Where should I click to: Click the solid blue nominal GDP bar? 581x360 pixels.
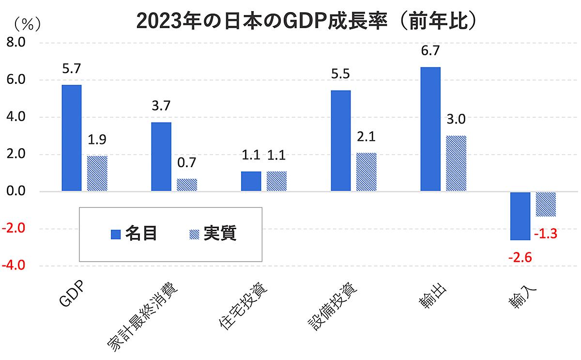pyautogui.click(x=72, y=138)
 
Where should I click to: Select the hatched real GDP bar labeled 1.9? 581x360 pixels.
pyautogui.click(x=97, y=173)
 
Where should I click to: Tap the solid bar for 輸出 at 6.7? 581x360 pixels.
pyautogui.click(x=430, y=129)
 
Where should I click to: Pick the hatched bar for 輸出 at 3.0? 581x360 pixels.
pyautogui.click(x=456, y=163)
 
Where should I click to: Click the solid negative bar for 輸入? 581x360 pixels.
pyautogui.click(x=520, y=216)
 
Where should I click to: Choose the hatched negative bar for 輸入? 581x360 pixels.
pyautogui.click(x=545, y=204)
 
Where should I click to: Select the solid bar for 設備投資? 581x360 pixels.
pyautogui.click(x=340, y=141)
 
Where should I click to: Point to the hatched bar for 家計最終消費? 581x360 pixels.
pyautogui.click(x=187, y=185)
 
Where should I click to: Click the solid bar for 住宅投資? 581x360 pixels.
pyautogui.click(x=251, y=182)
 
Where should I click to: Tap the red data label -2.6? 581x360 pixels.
pyautogui.click(x=520, y=257)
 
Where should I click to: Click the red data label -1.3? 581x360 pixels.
pyautogui.click(x=546, y=235)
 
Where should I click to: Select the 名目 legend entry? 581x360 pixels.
pyautogui.click(x=134, y=234)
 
